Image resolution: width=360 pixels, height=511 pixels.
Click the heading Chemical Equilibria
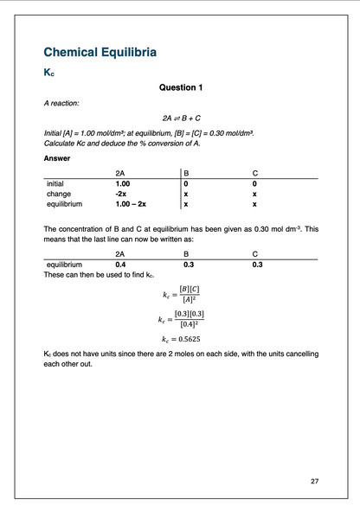click(100, 53)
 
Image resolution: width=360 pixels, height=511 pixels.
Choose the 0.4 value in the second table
click(120, 265)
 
